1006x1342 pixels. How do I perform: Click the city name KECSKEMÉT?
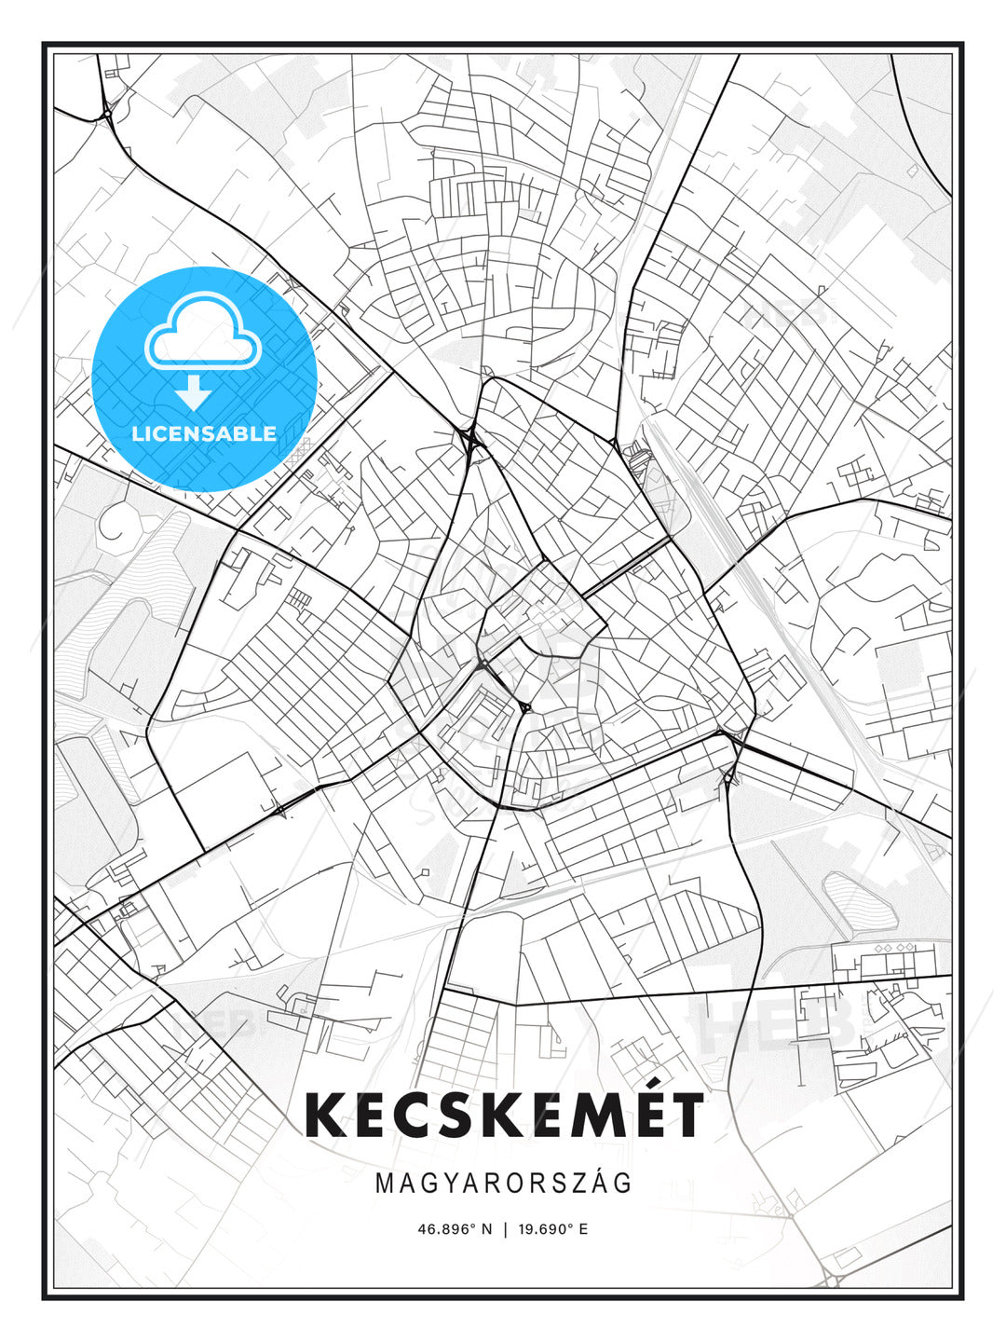click(504, 1115)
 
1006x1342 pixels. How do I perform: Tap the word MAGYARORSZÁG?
click(504, 1184)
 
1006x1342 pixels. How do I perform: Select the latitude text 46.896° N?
click(454, 1228)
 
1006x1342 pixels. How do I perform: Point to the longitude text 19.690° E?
click(554, 1228)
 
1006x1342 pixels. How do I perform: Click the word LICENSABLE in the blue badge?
click(204, 433)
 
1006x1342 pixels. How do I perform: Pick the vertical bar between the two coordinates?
click(505, 1228)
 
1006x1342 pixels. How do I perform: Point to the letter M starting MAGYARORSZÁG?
click(385, 1184)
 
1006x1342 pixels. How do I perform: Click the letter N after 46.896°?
click(485, 1228)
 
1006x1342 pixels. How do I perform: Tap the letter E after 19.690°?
click(583, 1228)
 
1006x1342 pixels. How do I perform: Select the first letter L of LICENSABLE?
click(137, 433)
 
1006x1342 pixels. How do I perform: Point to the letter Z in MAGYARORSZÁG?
click(576, 1184)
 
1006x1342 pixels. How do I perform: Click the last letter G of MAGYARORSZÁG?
click(622, 1184)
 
